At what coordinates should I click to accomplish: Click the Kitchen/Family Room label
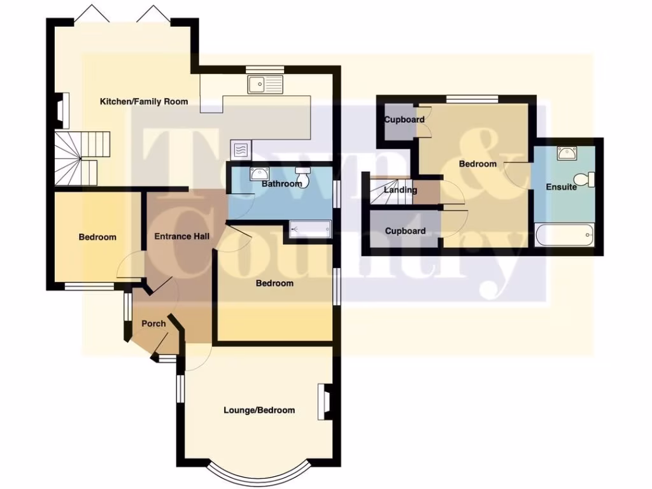(x=143, y=101)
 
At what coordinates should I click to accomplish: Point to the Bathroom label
(x=281, y=184)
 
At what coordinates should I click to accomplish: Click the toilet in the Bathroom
(x=303, y=176)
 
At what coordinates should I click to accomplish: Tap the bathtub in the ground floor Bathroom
(x=310, y=229)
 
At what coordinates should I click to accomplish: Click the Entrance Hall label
(x=182, y=236)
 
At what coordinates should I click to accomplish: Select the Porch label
(x=153, y=323)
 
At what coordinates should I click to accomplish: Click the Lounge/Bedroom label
(x=259, y=410)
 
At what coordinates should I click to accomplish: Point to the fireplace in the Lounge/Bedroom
(x=323, y=401)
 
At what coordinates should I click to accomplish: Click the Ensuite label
(x=561, y=187)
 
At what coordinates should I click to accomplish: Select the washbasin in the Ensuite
(x=567, y=153)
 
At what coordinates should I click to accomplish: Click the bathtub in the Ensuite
(x=566, y=236)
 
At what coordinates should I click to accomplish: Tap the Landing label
(x=400, y=190)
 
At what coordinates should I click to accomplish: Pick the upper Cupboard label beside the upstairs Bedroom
(x=404, y=120)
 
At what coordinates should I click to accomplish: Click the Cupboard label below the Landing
(x=405, y=230)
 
